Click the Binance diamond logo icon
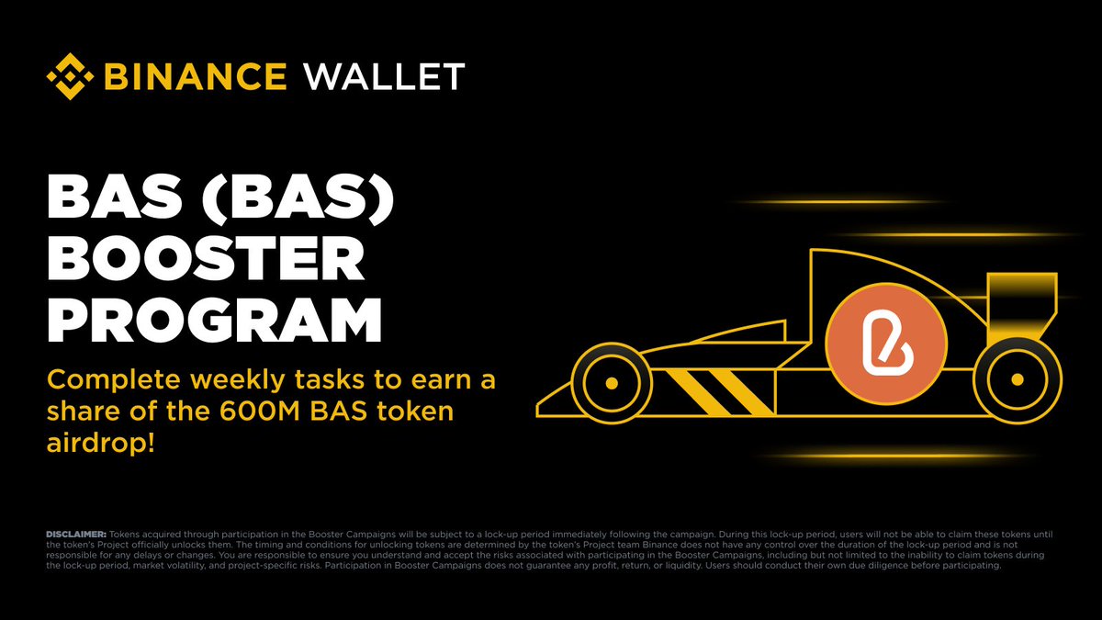point(70,76)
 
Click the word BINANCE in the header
point(196,77)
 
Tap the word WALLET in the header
point(384,77)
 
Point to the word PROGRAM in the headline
point(215,321)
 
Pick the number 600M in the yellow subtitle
point(259,411)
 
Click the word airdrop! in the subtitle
point(101,444)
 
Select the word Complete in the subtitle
point(114,381)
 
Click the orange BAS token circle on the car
point(886,344)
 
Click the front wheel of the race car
point(612,383)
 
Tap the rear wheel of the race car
point(1017,380)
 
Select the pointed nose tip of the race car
point(538,410)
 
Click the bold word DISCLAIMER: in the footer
point(76,534)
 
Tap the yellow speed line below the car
point(895,456)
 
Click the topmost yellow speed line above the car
point(837,202)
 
